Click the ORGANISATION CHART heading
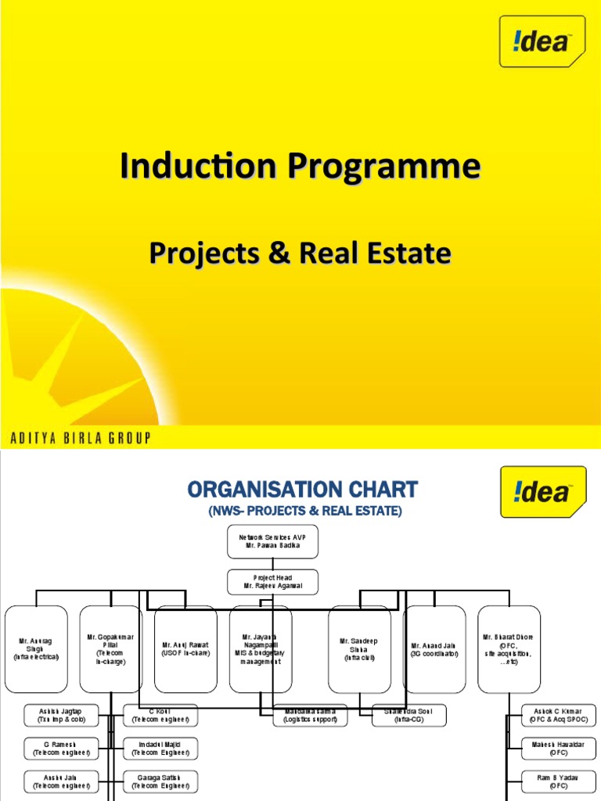[302, 490]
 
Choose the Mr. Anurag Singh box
[36, 649]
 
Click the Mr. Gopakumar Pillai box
[110, 649]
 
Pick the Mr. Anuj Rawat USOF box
[185, 649]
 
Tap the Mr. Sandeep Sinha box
[358, 649]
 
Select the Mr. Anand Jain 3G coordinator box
[434, 649]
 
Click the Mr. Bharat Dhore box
[509, 649]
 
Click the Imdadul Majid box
[160, 748]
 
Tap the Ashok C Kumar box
[558, 715]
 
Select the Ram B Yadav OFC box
[558, 781]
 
